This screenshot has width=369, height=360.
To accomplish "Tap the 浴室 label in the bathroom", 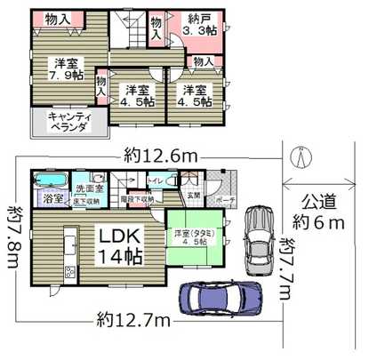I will click(52, 198).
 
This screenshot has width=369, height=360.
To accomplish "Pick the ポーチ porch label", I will click(225, 200).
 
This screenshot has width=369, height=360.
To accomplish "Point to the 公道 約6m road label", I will click(319, 212).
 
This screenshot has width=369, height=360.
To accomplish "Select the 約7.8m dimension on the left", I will click(12, 232).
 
